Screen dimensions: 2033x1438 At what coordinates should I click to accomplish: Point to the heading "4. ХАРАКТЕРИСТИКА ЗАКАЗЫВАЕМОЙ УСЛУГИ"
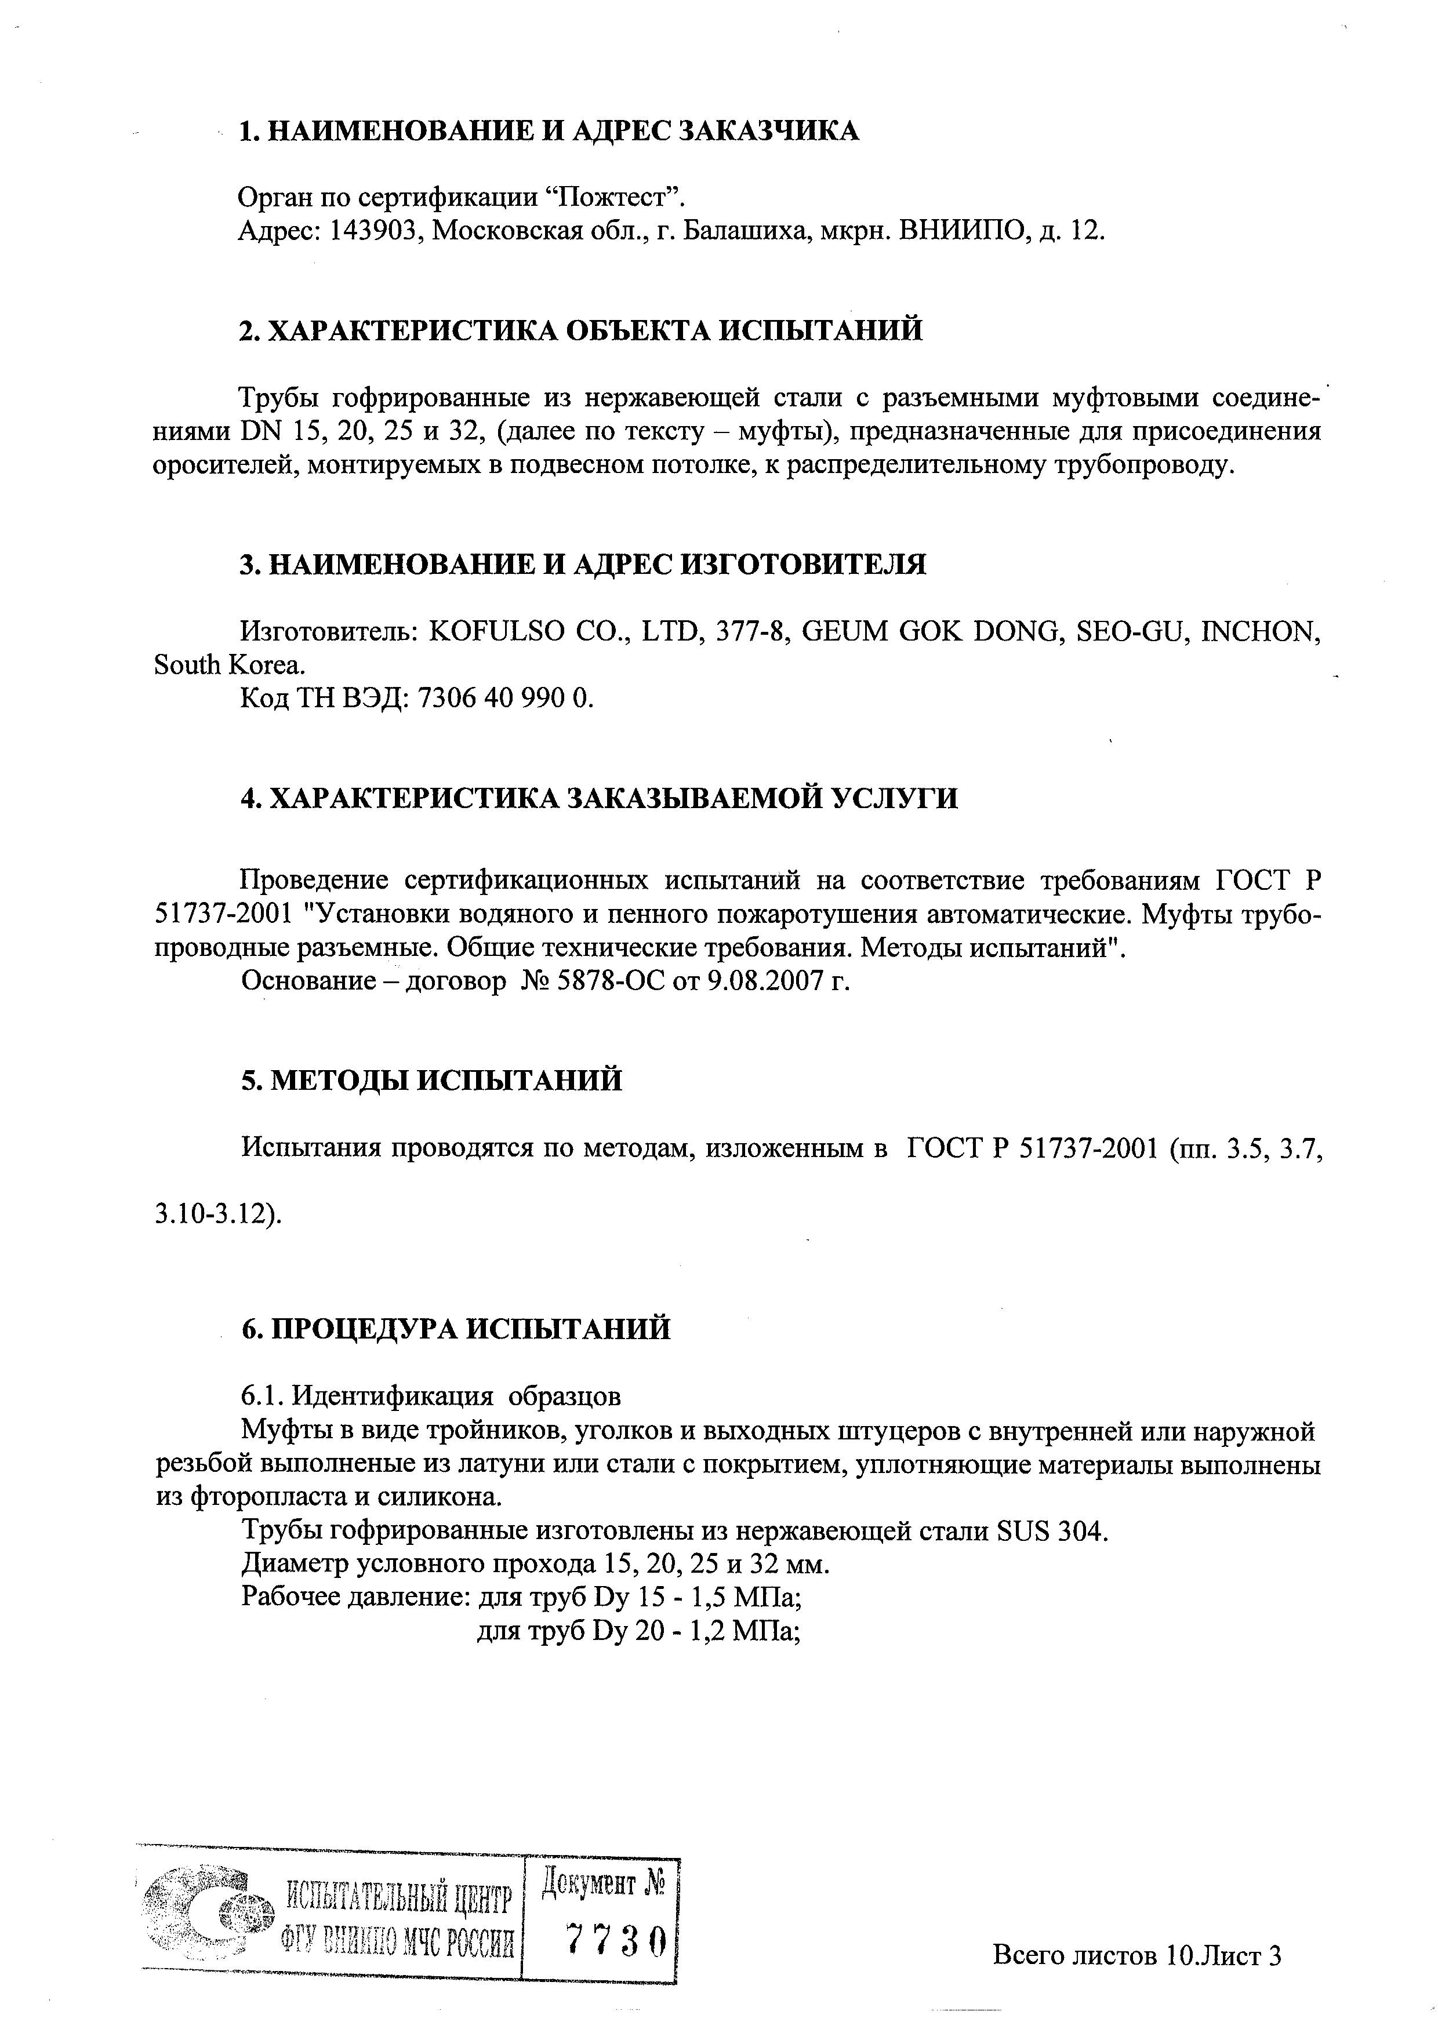coord(598,798)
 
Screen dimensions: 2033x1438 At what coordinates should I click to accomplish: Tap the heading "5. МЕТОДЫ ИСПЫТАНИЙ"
coord(431,1080)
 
